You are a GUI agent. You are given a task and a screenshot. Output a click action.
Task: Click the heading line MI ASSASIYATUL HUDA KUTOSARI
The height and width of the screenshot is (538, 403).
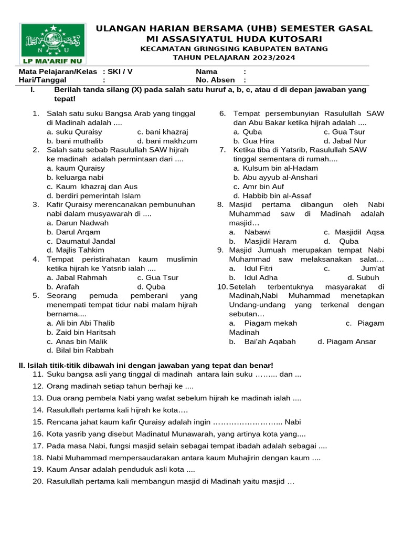point(234,39)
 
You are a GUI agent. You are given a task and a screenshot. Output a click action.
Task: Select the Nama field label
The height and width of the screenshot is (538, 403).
point(206,71)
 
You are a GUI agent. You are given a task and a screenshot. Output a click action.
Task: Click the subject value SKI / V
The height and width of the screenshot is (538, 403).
point(120,71)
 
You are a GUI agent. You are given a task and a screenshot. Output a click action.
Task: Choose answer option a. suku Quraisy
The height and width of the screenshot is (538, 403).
point(75,132)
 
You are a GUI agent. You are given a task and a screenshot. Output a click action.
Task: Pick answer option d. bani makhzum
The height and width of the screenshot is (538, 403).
point(167,141)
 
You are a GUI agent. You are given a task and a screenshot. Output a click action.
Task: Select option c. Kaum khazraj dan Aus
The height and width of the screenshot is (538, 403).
point(92,187)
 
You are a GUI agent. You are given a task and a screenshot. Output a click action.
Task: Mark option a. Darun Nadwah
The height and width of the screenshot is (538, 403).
point(78,223)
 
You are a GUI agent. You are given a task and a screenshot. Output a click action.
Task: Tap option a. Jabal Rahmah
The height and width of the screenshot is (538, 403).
point(77,277)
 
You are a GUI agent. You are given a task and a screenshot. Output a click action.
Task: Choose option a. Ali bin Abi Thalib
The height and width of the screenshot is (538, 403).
point(81,323)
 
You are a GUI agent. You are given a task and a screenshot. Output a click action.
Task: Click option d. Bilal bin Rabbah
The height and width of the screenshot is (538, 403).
point(80,350)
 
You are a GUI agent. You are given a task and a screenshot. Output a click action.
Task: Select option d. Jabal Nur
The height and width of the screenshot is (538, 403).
point(345,141)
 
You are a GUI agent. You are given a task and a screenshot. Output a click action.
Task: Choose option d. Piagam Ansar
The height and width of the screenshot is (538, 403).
point(347,342)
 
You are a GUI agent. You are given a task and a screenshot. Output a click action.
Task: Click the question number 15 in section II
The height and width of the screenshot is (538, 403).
point(37,422)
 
